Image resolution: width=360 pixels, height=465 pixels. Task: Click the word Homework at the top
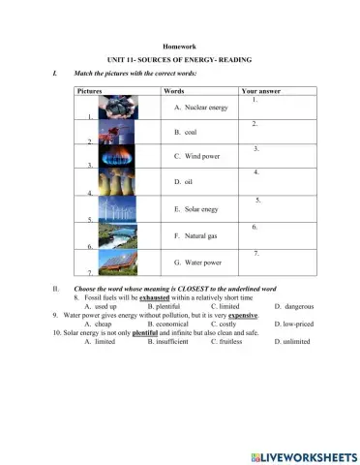coord(180,46)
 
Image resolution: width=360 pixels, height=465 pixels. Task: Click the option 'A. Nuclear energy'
coord(200,108)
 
